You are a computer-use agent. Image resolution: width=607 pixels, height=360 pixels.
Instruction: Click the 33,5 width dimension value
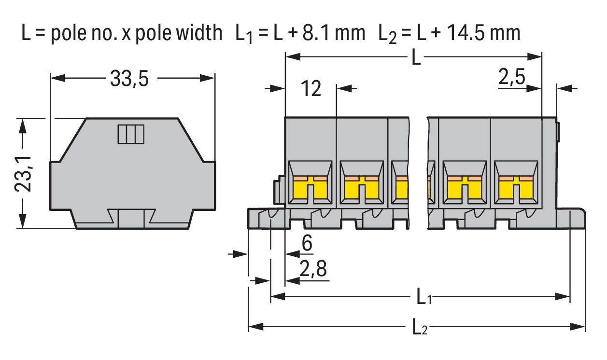129,79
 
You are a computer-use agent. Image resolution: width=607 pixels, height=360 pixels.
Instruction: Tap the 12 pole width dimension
311,89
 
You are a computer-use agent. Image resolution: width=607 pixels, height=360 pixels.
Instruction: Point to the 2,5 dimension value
512,77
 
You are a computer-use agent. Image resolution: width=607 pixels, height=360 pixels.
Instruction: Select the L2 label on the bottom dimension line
420,328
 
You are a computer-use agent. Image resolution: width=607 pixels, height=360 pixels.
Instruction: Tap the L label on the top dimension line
416,58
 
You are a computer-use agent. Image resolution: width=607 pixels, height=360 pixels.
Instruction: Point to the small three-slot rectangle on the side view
131,134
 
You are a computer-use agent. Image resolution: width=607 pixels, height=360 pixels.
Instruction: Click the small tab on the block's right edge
558,132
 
